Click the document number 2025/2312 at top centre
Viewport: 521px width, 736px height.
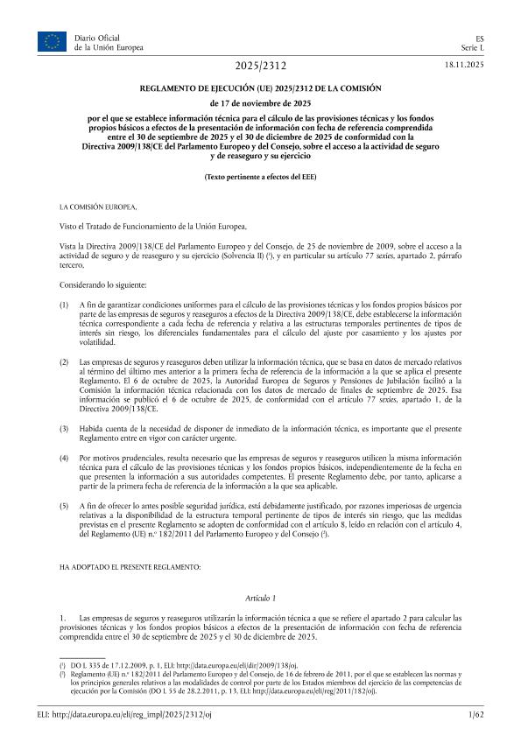[x=260, y=67]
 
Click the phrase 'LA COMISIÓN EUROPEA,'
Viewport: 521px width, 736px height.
[x=97, y=207]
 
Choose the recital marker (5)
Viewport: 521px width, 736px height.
[x=64, y=507]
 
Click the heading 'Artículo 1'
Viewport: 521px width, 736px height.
[x=260, y=597]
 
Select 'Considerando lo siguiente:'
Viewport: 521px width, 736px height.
[x=103, y=286]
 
